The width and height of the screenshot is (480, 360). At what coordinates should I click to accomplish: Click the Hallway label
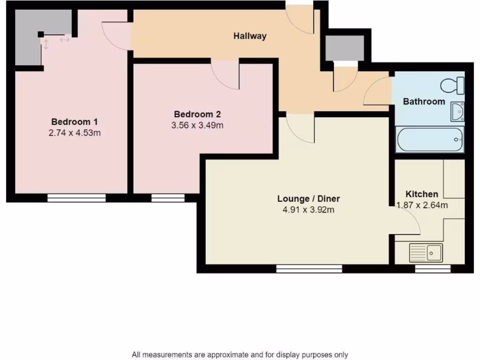click(250, 36)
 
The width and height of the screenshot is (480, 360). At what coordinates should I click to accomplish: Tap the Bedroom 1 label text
click(75, 121)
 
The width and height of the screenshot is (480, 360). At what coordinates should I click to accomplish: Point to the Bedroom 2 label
click(197, 114)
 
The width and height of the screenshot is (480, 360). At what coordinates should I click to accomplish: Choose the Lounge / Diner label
click(308, 198)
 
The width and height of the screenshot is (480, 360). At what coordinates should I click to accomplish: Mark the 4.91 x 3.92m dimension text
click(308, 210)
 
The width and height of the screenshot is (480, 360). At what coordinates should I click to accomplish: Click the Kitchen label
click(422, 194)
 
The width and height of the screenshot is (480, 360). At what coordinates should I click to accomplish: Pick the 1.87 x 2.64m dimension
click(422, 205)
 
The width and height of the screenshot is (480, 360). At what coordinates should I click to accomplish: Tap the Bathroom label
click(424, 101)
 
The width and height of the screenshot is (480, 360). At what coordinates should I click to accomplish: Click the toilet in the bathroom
click(452, 86)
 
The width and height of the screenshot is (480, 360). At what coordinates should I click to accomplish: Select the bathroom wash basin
click(457, 111)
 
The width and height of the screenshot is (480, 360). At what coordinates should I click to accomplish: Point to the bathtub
click(430, 139)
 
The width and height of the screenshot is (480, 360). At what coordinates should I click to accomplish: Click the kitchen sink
click(426, 253)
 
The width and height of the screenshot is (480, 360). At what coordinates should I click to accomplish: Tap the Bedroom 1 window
click(76, 198)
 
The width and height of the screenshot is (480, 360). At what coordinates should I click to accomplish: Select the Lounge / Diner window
click(309, 269)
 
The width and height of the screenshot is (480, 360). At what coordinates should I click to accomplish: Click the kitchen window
click(433, 269)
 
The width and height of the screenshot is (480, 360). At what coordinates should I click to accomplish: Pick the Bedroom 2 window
click(168, 198)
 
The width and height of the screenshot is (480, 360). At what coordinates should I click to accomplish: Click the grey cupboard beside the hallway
click(345, 47)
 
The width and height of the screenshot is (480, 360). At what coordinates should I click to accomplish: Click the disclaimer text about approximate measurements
click(240, 355)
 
